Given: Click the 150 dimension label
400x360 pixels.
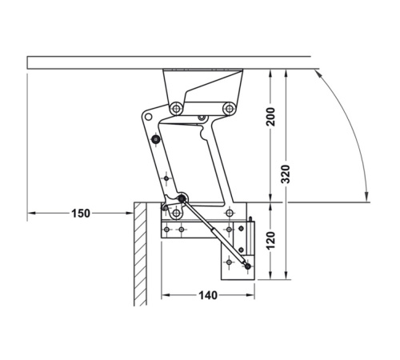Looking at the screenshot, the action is [81, 214].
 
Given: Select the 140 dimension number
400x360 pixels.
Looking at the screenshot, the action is [208, 295].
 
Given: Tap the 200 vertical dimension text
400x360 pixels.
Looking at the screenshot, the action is [270, 117].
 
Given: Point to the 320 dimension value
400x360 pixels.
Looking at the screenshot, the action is [286, 174].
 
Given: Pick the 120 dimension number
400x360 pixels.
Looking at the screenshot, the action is [270, 241].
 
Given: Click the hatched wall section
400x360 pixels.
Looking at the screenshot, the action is [140, 254].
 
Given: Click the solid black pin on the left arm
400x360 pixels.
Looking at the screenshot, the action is [155, 139].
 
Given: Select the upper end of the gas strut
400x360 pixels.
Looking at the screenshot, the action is [182, 198].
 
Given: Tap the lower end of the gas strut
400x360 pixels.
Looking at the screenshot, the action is [248, 266].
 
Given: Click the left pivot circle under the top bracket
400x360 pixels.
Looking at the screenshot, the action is [176, 109].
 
